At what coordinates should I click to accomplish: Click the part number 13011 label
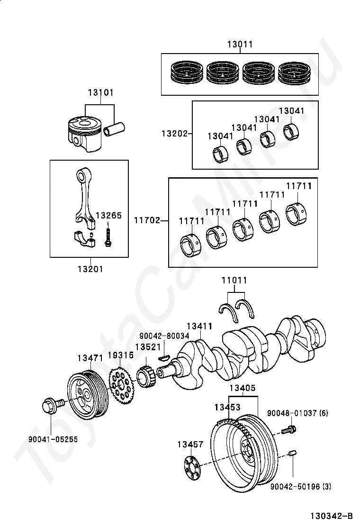click(x=240, y=44)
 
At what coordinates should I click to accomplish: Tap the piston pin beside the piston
click(x=114, y=129)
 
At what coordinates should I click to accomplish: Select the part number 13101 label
click(x=101, y=92)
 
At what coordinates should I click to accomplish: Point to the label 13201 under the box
click(x=90, y=269)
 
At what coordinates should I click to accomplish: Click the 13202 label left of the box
click(x=174, y=134)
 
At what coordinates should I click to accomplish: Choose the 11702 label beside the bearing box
click(x=147, y=220)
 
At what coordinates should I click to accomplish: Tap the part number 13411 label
click(x=200, y=326)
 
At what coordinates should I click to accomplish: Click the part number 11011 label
click(x=234, y=280)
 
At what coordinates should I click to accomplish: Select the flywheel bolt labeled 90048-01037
click(x=288, y=429)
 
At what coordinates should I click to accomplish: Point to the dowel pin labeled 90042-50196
click(x=292, y=454)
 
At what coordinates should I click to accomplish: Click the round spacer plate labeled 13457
click(x=192, y=469)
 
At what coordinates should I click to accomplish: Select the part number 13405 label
click(x=243, y=388)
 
